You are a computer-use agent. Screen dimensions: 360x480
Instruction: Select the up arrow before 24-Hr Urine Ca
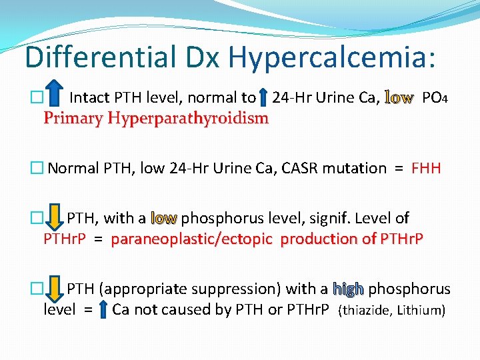[x=263, y=98]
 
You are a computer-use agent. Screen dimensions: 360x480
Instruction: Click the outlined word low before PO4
[x=399, y=98]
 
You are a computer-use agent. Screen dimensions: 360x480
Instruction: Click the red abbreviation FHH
[x=426, y=168]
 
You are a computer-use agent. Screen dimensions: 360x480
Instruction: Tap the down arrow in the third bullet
[x=55, y=217]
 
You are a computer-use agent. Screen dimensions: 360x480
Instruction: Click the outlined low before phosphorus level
[x=164, y=218]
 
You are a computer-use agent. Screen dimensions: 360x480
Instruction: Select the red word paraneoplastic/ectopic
[x=192, y=239]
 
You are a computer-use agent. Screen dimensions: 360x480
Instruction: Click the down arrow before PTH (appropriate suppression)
[x=55, y=288]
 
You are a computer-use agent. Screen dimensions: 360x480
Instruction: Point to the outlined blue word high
[x=348, y=289]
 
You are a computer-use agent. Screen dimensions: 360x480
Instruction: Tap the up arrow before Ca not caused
[x=103, y=309]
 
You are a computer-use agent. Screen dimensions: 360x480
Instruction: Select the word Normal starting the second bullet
[x=73, y=168]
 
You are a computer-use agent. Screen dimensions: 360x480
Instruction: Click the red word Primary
[x=69, y=119]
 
